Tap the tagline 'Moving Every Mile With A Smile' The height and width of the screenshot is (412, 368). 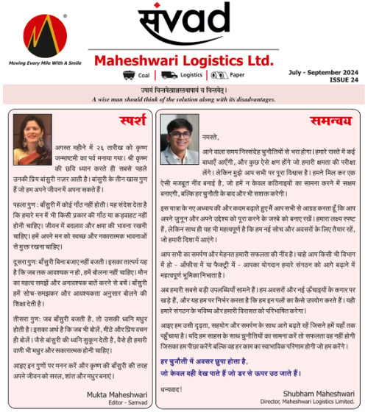point(44,63)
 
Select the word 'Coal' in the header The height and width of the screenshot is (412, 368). point(144,75)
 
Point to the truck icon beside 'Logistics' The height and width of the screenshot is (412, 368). point(169,75)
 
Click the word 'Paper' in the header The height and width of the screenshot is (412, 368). point(238,75)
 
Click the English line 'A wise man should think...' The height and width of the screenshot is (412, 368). point(184,98)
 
